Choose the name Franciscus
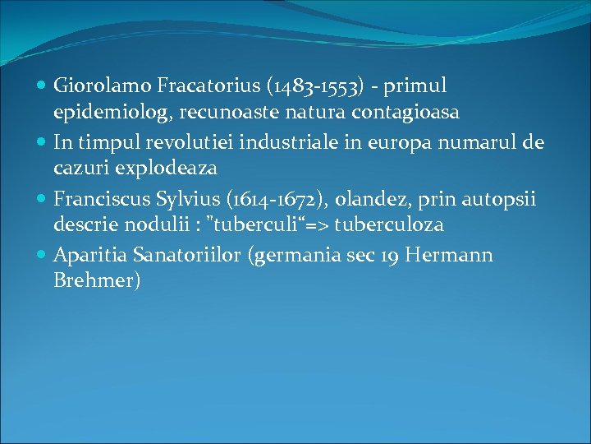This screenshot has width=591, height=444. click(x=98, y=198)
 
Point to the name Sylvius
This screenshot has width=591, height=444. click(x=179, y=199)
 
